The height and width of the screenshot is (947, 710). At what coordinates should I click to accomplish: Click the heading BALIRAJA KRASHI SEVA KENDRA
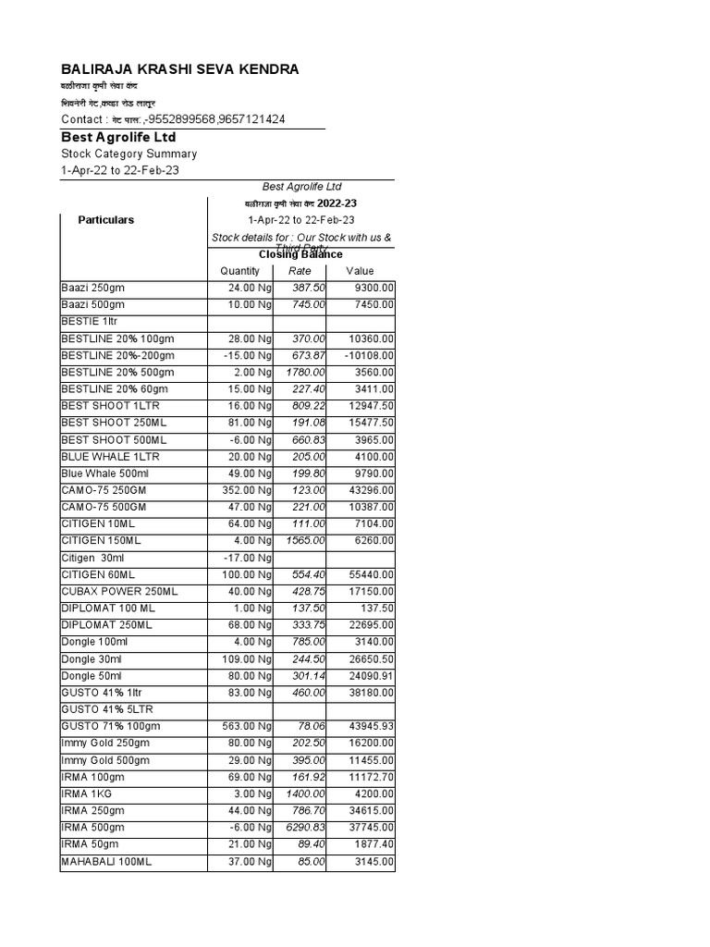[179, 70]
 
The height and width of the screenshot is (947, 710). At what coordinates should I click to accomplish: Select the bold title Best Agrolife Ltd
[118, 137]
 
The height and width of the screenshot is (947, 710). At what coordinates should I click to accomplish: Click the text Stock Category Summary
[129, 154]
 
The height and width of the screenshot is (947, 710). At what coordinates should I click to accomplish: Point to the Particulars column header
[105, 220]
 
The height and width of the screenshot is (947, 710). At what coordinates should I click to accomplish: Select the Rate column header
[300, 271]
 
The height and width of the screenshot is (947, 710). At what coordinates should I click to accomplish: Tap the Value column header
[360, 271]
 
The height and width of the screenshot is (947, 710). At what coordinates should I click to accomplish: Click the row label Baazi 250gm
[92, 288]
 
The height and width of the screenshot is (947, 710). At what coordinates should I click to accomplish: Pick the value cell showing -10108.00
[368, 355]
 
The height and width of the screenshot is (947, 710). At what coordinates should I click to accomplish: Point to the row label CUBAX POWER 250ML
[119, 591]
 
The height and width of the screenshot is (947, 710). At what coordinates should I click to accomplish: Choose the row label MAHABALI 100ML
[105, 861]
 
